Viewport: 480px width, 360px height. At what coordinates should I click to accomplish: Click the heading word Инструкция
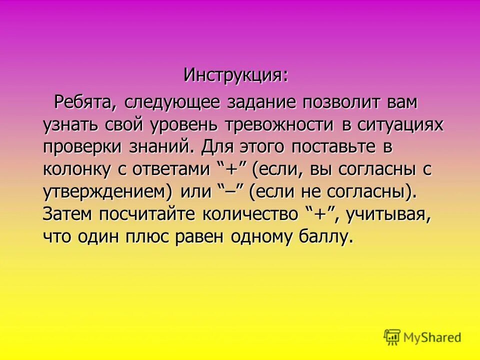coord(235,75)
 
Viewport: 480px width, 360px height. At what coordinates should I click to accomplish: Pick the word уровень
coord(183,125)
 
